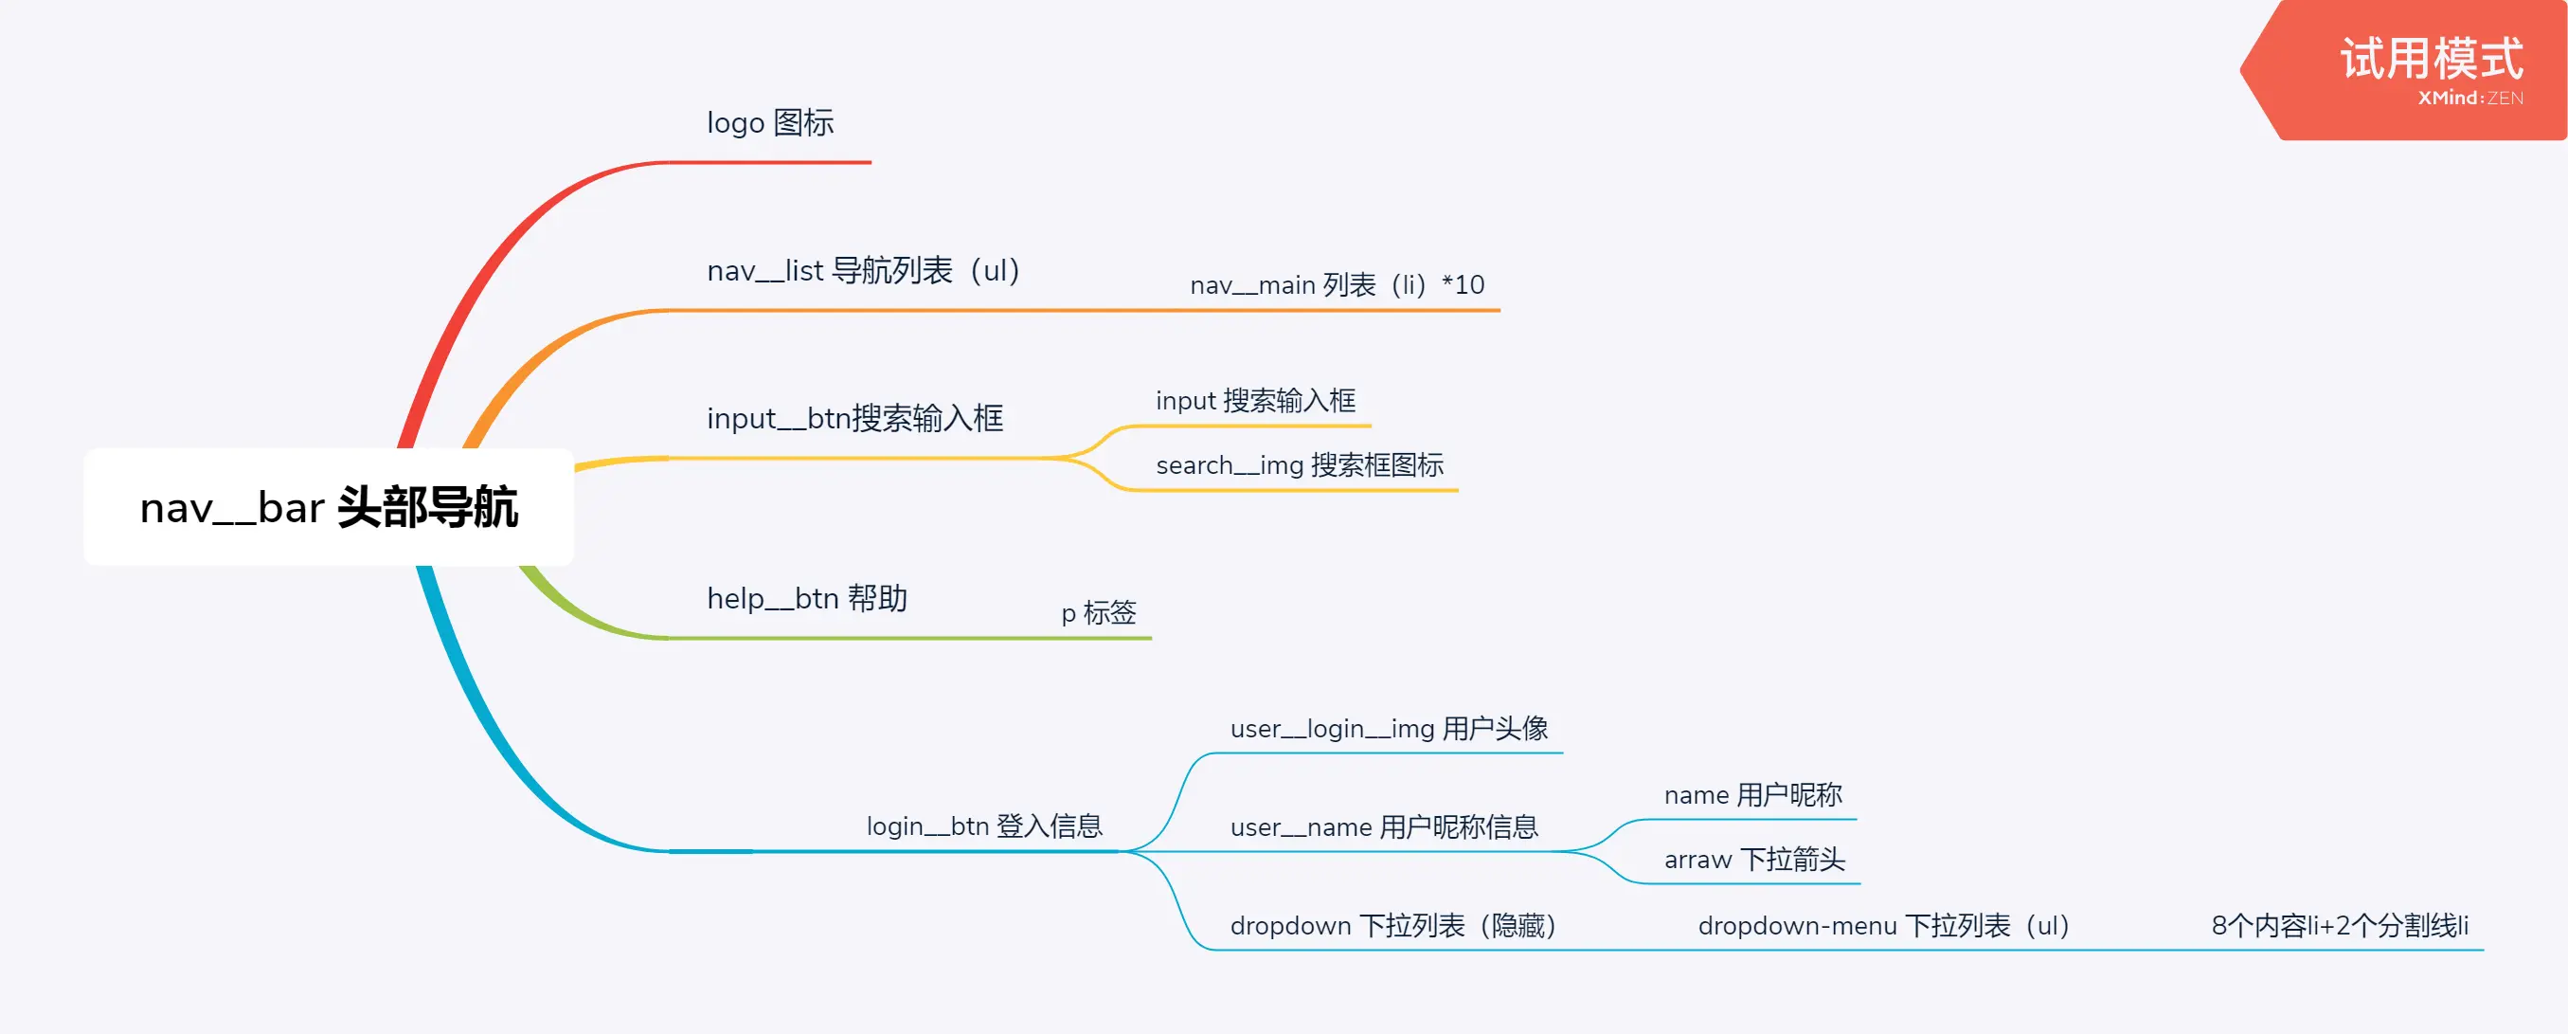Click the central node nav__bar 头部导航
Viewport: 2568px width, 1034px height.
pyautogui.click(x=328, y=508)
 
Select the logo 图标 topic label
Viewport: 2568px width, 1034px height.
pyautogui.click(x=769, y=122)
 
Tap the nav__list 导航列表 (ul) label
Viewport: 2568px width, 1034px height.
pyautogui.click(x=863, y=270)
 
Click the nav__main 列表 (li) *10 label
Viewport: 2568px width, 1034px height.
pyautogui.click(x=1337, y=285)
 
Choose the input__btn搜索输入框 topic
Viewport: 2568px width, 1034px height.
pyautogui.click(x=854, y=418)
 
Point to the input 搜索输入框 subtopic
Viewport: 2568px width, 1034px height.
pyautogui.click(x=1255, y=401)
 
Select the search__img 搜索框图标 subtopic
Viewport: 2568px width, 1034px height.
pyautogui.click(x=1299, y=464)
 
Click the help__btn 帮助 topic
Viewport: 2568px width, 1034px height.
pyautogui.click(x=806, y=598)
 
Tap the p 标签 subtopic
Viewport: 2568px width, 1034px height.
pyautogui.click(x=1098, y=612)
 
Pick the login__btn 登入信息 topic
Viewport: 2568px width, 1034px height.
pyautogui.click(x=984, y=825)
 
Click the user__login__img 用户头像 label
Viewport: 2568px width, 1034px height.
pyautogui.click(x=1389, y=729)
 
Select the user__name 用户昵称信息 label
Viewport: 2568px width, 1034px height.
pyautogui.click(x=1384, y=826)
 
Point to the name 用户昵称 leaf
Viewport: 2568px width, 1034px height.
pyautogui.click(x=1752, y=795)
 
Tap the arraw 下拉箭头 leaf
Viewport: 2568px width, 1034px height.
pyautogui.click(x=1754, y=860)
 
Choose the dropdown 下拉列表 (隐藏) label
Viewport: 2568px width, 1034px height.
pyautogui.click(x=1392, y=925)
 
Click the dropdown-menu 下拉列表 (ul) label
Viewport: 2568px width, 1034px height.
pyautogui.click(x=1883, y=925)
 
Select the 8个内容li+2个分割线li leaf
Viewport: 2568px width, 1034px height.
pyautogui.click(x=2340, y=925)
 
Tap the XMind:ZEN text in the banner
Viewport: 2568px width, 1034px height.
pyautogui.click(x=2470, y=98)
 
